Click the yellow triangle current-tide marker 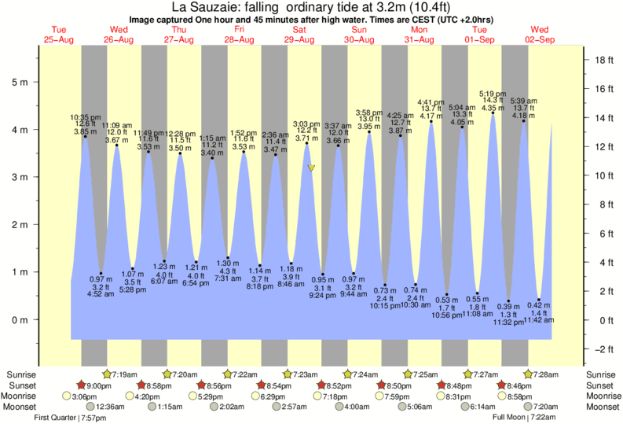[312, 168]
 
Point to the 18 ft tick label [603, 60]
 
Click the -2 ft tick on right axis [603, 349]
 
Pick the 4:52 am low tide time [101, 296]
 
